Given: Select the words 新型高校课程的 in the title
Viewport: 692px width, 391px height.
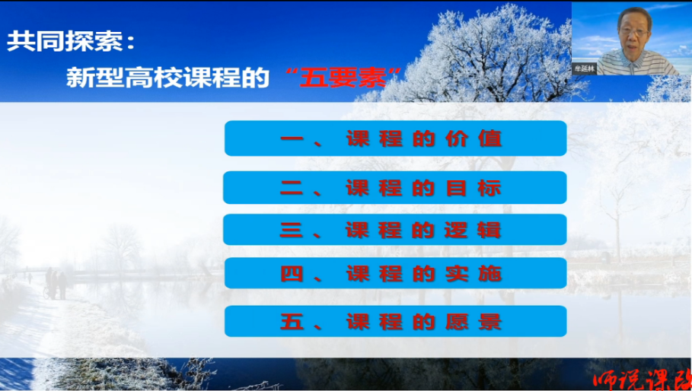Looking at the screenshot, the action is (167, 78).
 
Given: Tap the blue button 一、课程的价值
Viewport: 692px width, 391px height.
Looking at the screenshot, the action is (395, 138).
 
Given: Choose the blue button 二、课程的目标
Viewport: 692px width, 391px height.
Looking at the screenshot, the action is (395, 187).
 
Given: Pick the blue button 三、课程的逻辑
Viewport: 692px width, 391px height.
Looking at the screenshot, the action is (395, 230).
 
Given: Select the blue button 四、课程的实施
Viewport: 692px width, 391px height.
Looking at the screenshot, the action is (395, 273).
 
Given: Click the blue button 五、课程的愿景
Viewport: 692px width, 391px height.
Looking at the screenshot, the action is (395, 321).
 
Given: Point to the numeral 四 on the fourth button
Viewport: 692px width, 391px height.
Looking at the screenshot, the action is (292, 274).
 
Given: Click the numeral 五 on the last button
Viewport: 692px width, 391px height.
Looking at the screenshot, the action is (292, 322).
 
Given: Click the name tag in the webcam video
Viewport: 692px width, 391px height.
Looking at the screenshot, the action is (584, 68).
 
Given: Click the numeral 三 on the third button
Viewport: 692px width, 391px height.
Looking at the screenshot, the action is (292, 230).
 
